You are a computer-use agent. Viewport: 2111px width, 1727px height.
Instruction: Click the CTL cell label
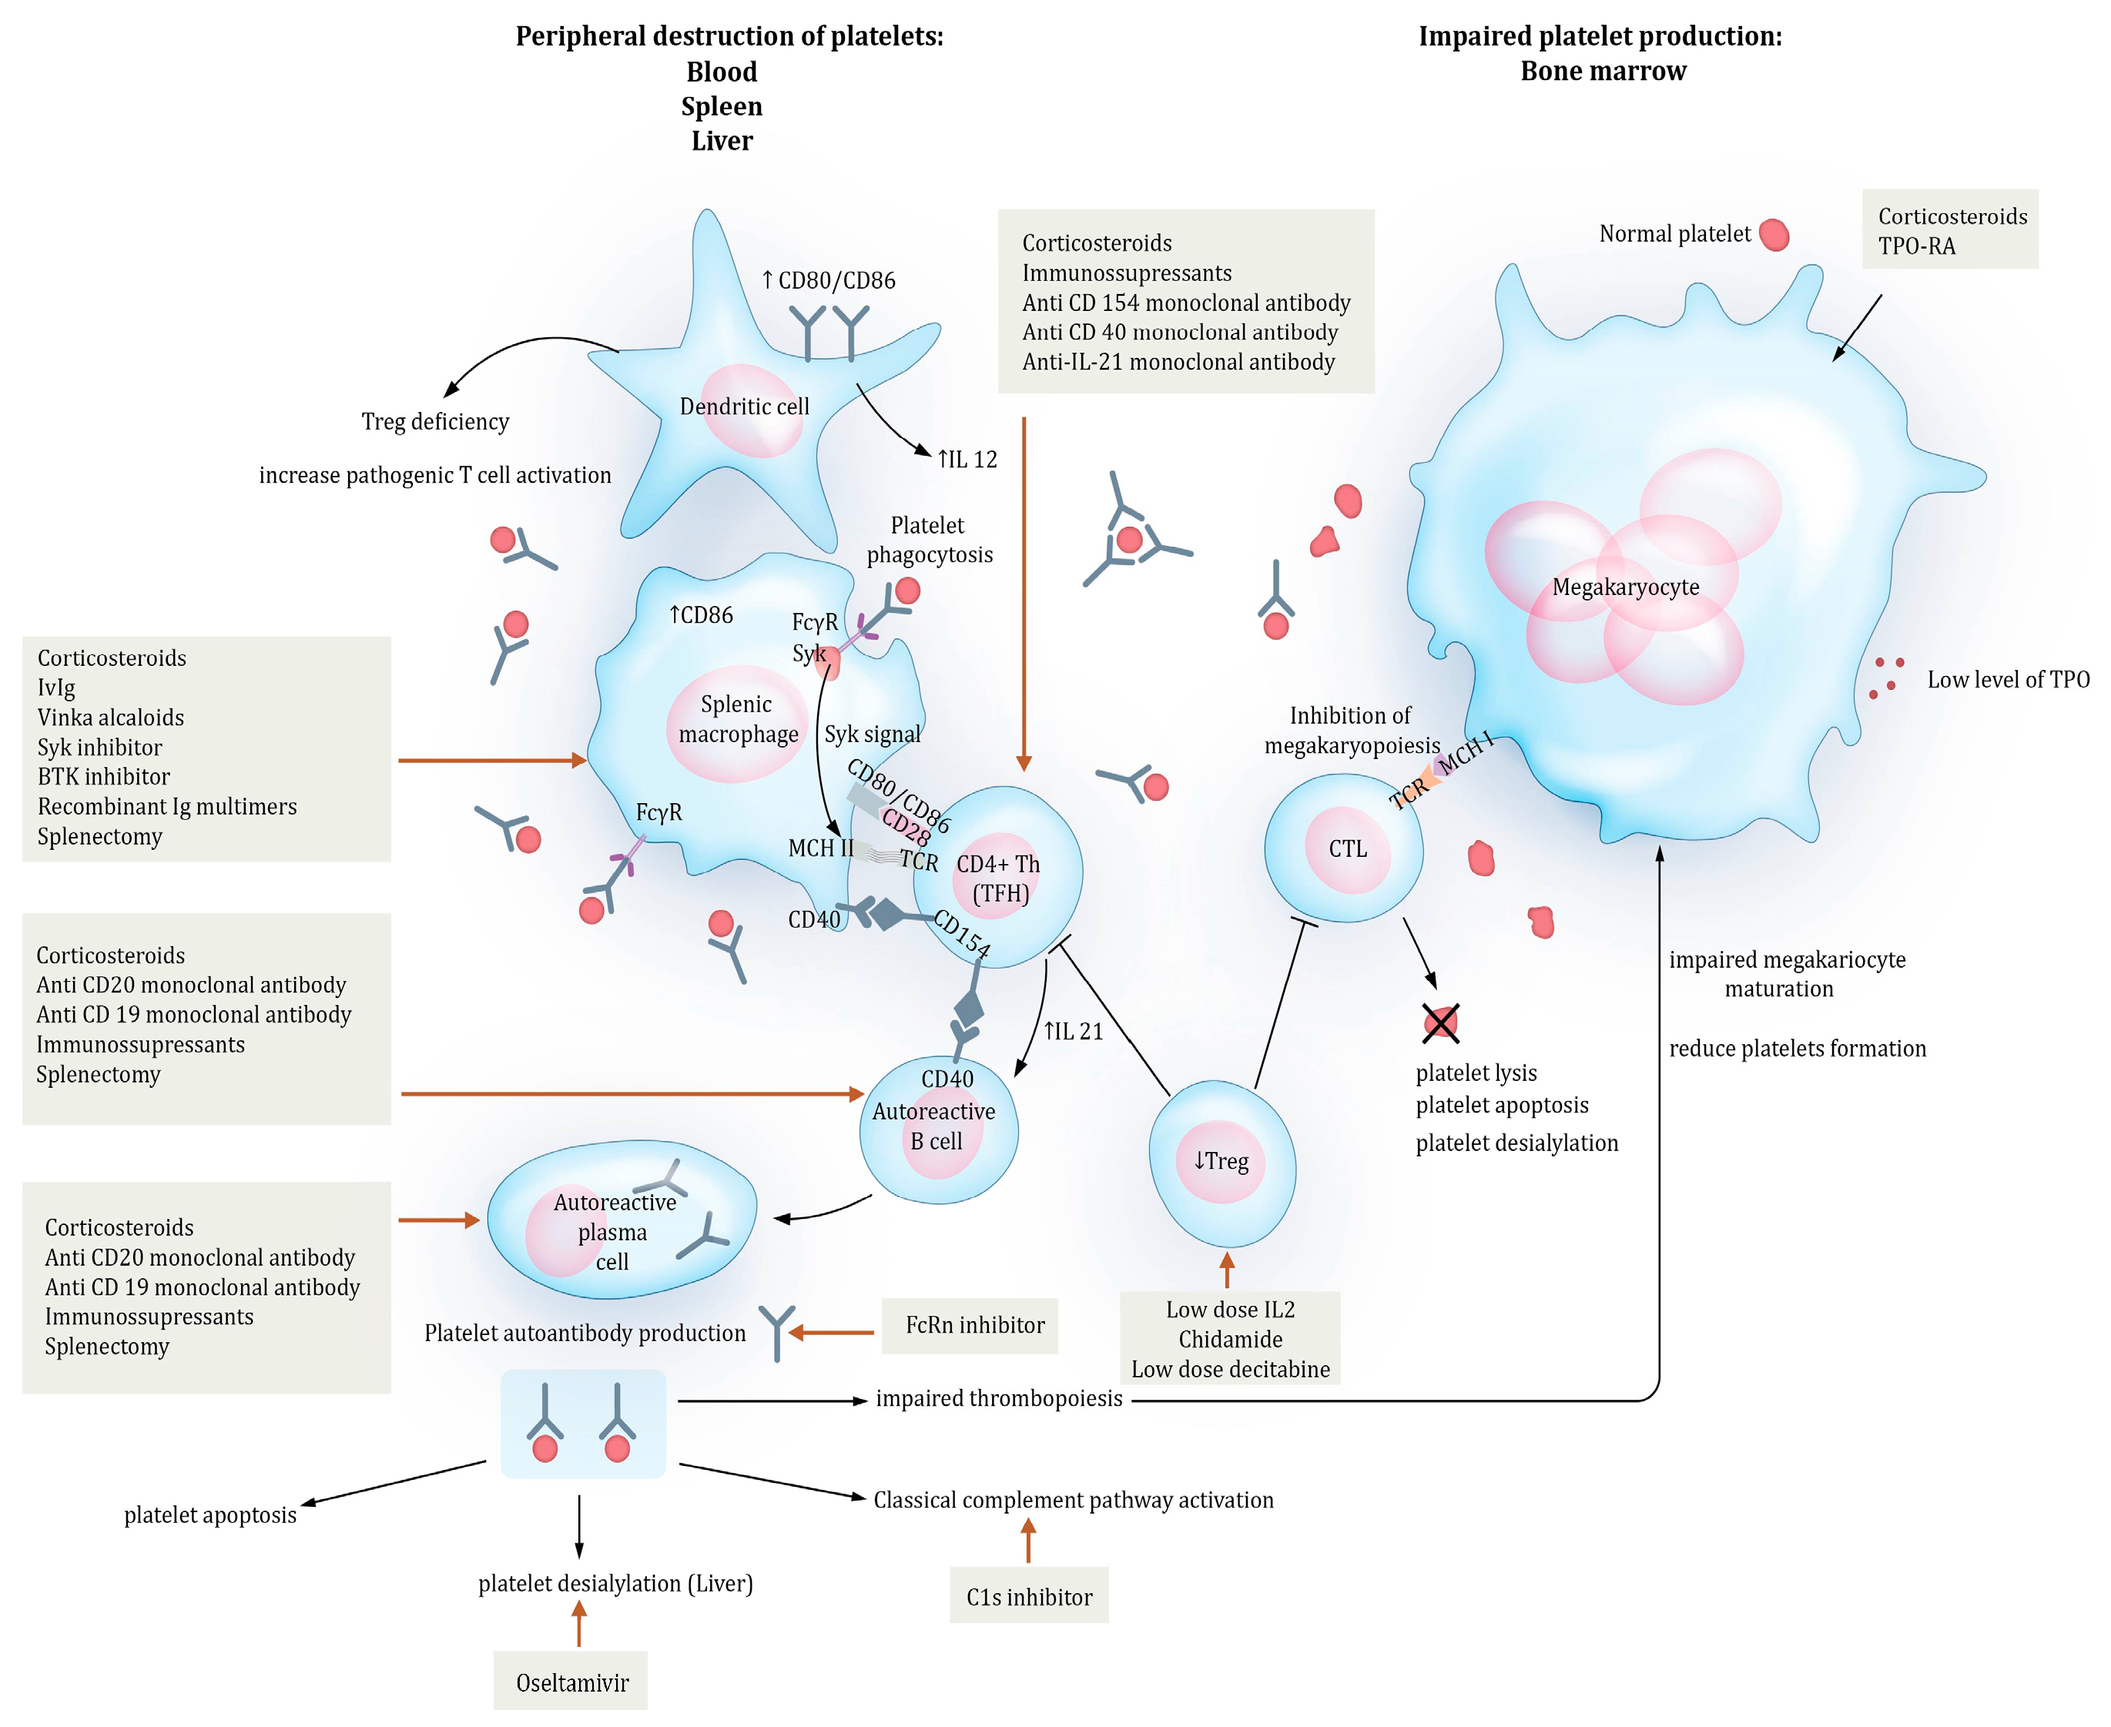pos(1348,848)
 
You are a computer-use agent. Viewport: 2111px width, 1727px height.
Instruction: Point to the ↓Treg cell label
pos(1221,1160)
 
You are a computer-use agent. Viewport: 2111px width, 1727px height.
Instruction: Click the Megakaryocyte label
pos(1626,587)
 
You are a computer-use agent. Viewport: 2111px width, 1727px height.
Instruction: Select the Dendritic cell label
pos(744,406)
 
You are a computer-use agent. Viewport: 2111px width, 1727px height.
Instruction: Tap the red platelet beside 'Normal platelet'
pos(1774,235)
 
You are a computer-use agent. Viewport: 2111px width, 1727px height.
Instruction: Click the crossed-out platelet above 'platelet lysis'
pos(1440,1022)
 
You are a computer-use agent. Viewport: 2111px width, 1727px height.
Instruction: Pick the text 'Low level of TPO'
pos(2009,679)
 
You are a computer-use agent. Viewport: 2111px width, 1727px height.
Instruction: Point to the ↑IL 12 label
pos(967,460)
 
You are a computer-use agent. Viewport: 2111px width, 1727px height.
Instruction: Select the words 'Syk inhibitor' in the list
pos(99,747)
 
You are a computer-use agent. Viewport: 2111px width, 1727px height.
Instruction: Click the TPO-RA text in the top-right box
pos(1916,246)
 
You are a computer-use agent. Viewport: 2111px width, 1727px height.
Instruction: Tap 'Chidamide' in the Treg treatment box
pos(1231,1339)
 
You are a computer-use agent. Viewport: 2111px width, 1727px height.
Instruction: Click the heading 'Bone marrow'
pos(1603,71)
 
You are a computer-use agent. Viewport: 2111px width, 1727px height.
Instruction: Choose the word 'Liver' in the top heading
pos(722,140)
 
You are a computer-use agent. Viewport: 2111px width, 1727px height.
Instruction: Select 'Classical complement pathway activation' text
pos(1074,1500)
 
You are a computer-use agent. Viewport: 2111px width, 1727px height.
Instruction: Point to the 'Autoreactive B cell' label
pos(935,1126)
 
